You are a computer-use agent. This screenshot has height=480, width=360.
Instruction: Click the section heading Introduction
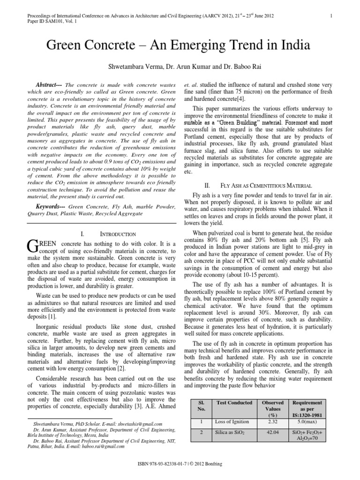[x=118, y=233]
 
